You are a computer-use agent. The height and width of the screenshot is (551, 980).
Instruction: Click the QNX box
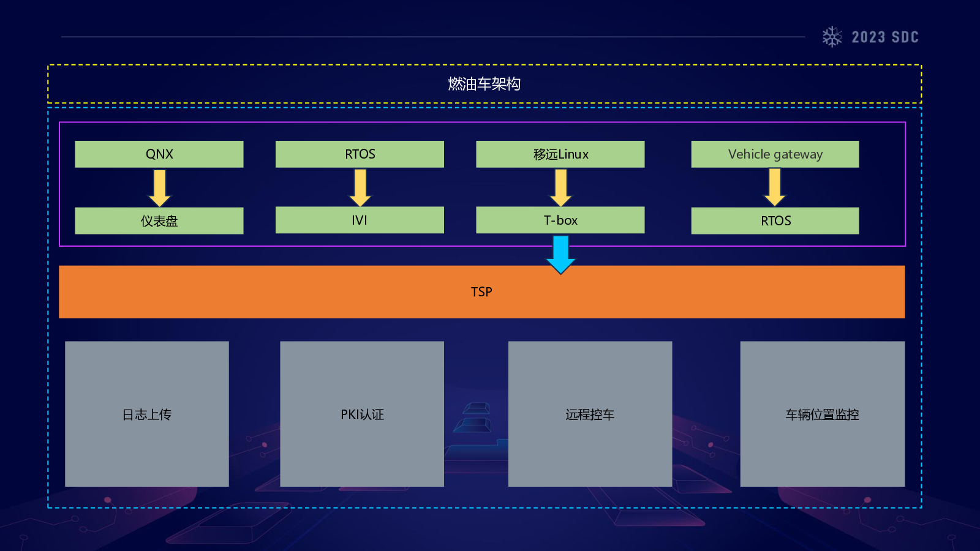tap(159, 154)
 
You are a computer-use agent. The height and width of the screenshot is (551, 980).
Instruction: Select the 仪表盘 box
tap(159, 220)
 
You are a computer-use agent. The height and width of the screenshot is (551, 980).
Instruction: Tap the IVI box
tap(360, 220)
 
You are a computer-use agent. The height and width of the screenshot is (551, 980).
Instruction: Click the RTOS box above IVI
tap(360, 154)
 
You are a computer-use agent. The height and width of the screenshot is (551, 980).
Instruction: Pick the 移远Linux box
tap(560, 154)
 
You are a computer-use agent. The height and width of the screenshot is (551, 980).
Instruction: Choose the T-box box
tap(560, 220)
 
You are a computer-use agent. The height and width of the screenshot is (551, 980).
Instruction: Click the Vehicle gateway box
tap(775, 154)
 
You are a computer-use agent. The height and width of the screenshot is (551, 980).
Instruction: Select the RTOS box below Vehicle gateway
tap(775, 220)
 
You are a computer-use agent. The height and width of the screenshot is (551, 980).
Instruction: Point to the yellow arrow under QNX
tap(160, 187)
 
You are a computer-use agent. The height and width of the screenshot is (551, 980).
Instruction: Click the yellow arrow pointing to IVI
tap(360, 187)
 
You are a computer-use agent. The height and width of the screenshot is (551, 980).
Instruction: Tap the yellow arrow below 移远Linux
tap(560, 187)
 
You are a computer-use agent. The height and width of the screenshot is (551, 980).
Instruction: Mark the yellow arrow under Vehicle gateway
tap(775, 187)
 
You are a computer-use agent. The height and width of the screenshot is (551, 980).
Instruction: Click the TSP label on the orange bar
tap(481, 292)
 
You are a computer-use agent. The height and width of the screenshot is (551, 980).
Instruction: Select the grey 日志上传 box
tap(147, 414)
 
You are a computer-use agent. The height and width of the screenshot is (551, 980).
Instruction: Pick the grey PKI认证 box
tap(362, 414)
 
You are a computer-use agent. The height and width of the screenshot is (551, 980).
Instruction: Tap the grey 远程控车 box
tap(590, 414)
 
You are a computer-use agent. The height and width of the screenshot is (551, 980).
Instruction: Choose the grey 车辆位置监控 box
tap(822, 414)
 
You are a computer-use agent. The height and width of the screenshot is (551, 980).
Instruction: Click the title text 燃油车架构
tap(484, 84)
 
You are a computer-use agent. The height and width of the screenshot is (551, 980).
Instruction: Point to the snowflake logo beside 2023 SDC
tap(832, 37)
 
